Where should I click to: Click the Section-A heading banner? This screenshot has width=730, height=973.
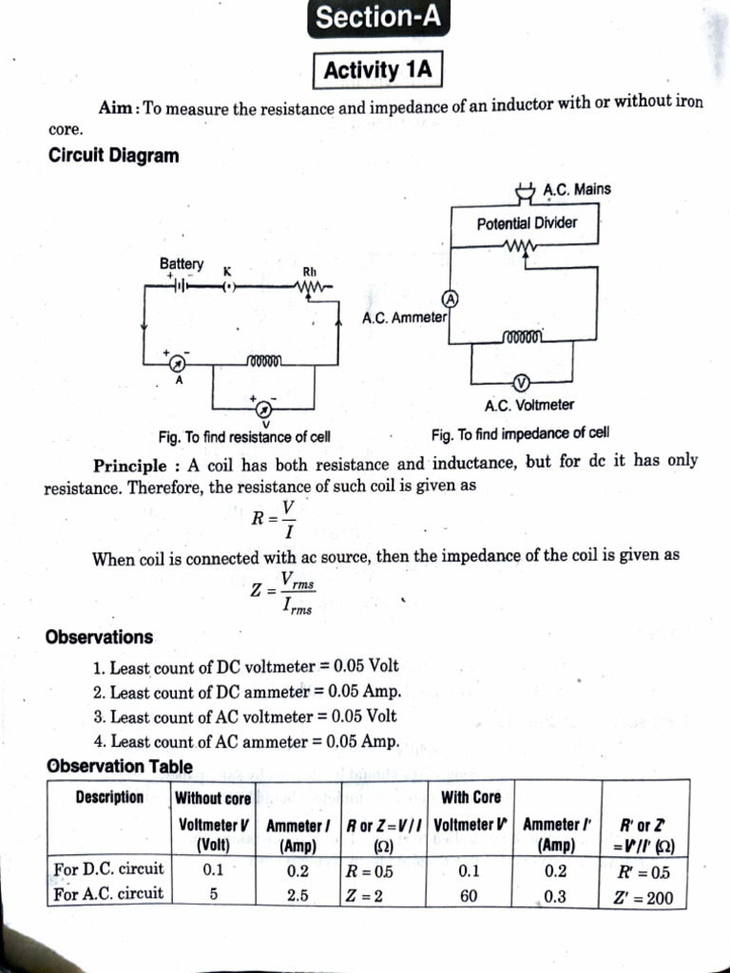click(378, 18)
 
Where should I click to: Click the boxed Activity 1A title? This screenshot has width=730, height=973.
click(377, 70)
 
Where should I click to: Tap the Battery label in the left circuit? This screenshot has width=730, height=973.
click(181, 263)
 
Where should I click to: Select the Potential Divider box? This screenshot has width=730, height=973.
click(526, 224)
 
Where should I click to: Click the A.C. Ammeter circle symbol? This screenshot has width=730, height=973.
click(452, 299)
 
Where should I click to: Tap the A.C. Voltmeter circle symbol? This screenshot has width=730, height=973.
click(520, 383)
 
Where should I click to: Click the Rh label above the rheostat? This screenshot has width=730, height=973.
click(309, 270)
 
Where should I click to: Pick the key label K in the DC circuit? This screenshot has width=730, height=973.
click(227, 271)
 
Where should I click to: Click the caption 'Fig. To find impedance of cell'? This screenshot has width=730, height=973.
click(519, 434)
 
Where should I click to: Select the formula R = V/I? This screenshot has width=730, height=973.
click(274, 518)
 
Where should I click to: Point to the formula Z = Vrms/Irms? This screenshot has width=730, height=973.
click(281, 592)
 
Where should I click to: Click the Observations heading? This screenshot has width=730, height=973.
click(99, 637)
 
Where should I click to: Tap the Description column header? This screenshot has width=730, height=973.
click(109, 797)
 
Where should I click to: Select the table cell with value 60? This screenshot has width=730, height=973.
click(470, 895)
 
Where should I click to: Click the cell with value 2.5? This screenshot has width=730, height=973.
click(298, 895)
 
